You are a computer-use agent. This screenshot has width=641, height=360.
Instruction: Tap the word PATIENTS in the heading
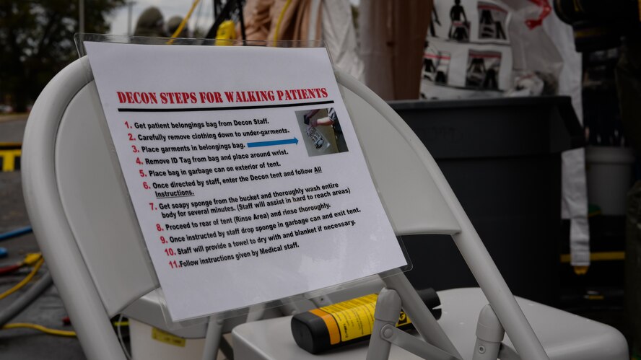pyautogui.click(x=297, y=94)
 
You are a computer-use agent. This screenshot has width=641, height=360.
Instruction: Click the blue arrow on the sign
pyautogui.click(x=272, y=142)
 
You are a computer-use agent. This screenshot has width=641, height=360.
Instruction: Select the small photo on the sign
pyautogui.click(x=321, y=131)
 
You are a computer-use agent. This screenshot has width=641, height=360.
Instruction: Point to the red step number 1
pyautogui.click(x=128, y=125)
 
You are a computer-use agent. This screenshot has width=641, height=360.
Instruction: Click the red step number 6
pyautogui.click(x=146, y=185)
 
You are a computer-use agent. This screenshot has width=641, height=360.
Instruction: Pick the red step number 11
pyautogui.click(x=173, y=264)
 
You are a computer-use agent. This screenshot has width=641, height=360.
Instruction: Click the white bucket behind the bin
pyautogui.click(x=608, y=180)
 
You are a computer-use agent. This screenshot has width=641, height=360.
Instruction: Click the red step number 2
pyautogui.click(x=131, y=136)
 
